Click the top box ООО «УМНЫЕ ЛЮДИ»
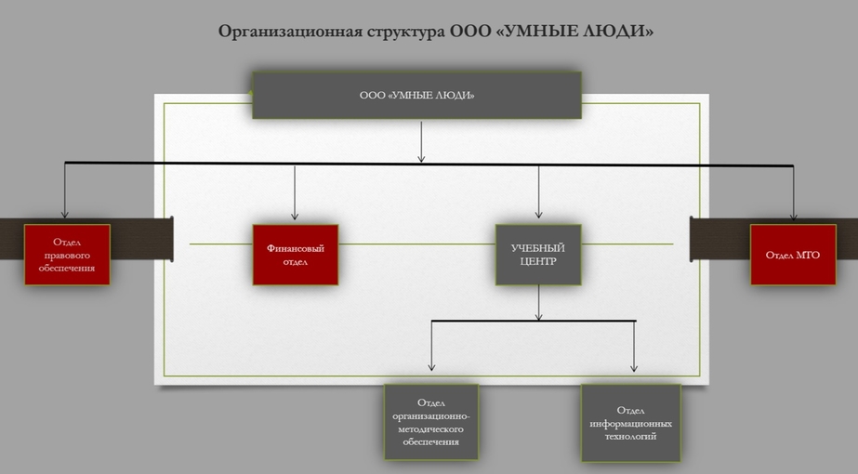(416, 95)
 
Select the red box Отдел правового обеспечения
(67, 255)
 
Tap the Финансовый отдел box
(295, 255)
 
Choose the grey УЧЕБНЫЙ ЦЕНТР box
(538, 255)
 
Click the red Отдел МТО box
(793, 255)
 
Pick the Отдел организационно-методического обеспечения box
(431, 422)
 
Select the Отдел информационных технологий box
(630, 423)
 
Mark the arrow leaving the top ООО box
(421, 142)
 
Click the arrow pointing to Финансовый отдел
(295, 192)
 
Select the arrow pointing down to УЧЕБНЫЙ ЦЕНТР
(538, 192)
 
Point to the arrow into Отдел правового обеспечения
(64, 191)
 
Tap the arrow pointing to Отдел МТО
(794, 193)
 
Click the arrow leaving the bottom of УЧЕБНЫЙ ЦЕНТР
(538, 303)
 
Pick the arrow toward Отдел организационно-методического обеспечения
(431, 346)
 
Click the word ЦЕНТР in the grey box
(538, 262)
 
